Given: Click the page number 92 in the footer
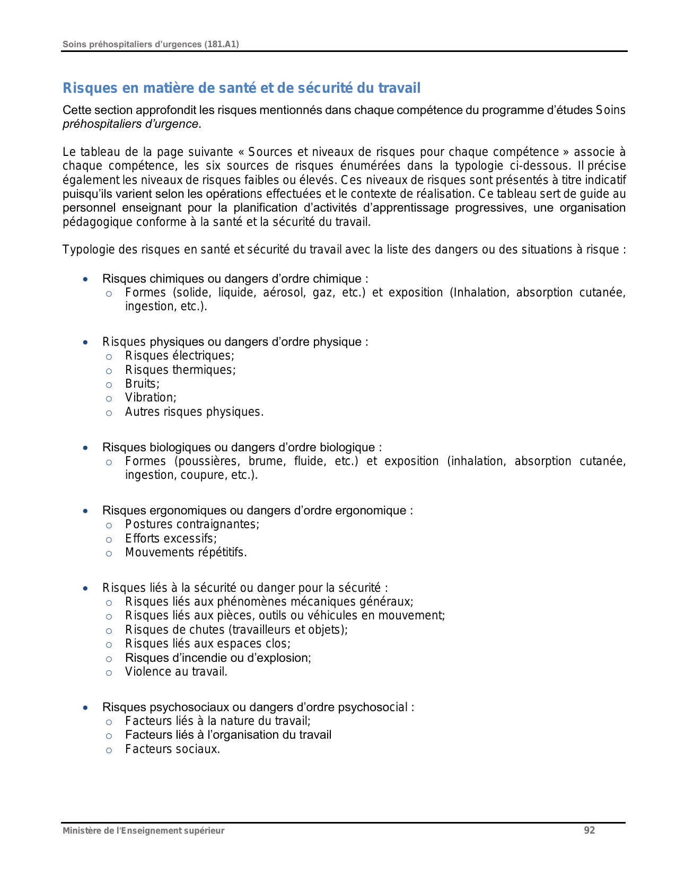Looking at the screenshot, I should click(589, 830).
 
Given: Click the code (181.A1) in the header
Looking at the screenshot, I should click(221, 45).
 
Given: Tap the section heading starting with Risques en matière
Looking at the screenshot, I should click(241, 88).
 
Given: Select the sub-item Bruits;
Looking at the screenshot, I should click(142, 384).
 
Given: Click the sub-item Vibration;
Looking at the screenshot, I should click(151, 398).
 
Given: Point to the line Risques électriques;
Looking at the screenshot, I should click(179, 356).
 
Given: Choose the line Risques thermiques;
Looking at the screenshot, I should click(180, 370).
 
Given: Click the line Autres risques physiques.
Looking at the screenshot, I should click(194, 412).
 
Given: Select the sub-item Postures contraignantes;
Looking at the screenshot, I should click(192, 524).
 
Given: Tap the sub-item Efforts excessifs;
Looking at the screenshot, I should click(171, 539).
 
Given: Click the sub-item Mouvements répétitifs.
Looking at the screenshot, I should click(186, 553).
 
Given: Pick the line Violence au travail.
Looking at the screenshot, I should click(176, 672).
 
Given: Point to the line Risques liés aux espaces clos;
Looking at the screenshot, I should click(207, 644).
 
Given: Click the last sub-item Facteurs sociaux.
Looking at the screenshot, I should click(172, 749).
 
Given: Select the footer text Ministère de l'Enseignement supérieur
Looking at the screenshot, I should click(143, 831).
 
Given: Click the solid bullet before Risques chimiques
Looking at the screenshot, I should click(85, 279).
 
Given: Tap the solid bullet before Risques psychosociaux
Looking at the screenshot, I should click(85, 707).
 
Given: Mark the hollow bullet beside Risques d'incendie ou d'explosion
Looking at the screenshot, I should click(109, 659).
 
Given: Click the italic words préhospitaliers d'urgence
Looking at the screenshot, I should click(130, 124).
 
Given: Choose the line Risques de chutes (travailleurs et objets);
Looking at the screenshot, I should click(236, 630).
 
